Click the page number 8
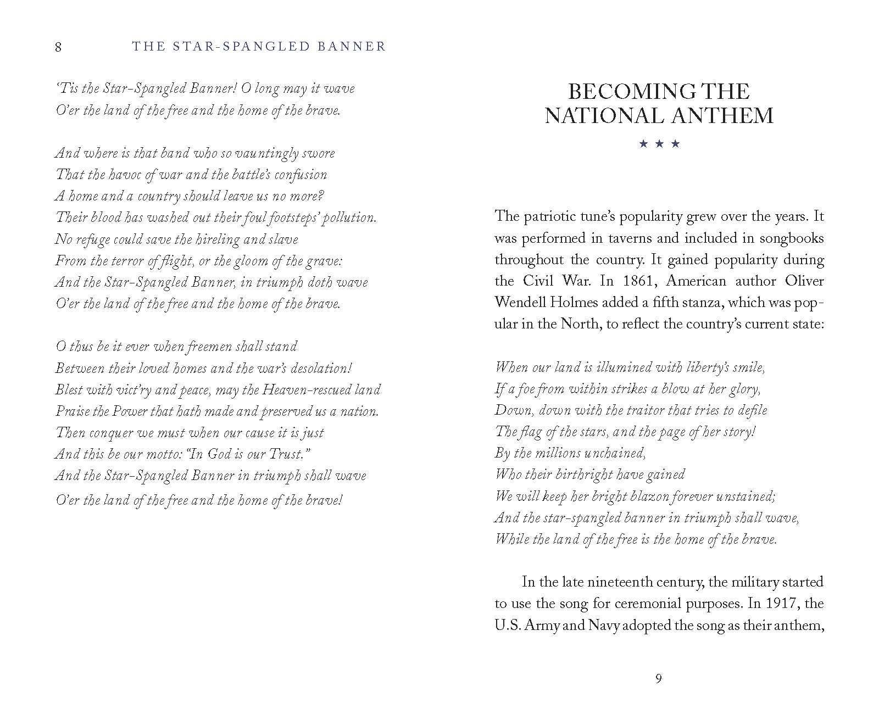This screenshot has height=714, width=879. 58,47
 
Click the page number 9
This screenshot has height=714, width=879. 659,679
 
